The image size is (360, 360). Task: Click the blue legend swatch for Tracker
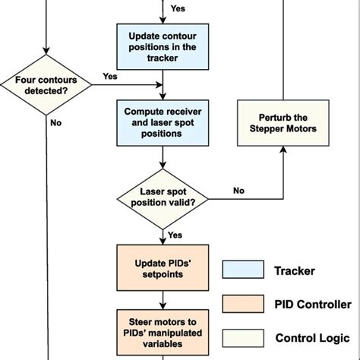coord(240,270)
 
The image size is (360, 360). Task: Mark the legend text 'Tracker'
coord(294,270)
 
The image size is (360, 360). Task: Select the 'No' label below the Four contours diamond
coord(55,122)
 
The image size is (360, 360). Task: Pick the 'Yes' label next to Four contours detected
coord(109,77)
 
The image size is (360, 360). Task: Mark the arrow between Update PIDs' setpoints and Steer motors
coord(162,298)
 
